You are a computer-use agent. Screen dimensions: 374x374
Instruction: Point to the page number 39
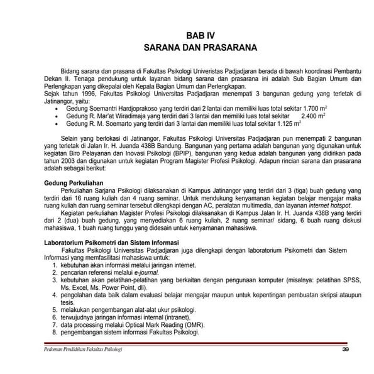[344, 349]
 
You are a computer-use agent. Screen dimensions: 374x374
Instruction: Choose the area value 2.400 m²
[314, 116]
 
